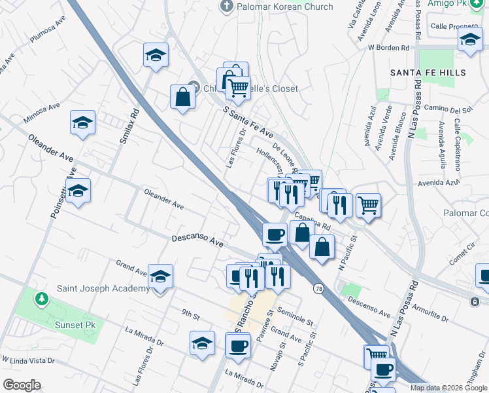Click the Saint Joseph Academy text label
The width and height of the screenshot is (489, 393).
pyautogui.click(x=103, y=289)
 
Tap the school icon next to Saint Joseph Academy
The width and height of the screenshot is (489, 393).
pyautogui.click(x=160, y=278)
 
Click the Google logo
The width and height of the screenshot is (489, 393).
pyautogui.click(x=22, y=385)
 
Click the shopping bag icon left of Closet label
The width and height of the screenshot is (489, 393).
pyautogui.click(x=182, y=98)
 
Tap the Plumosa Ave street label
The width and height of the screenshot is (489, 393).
pyautogui.click(x=48, y=31)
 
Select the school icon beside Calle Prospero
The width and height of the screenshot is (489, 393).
pyautogui.click(x=469, y=40)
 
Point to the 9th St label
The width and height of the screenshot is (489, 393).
pyautogui.click(x=191, y=315)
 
